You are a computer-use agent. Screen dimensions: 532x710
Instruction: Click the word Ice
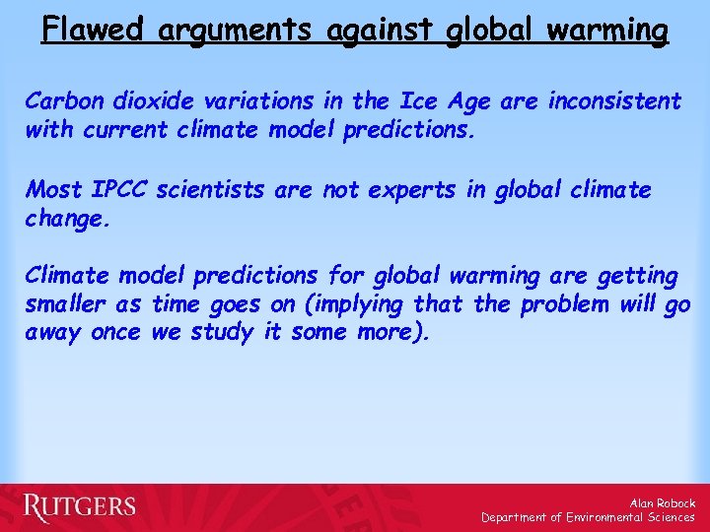pos(414,101)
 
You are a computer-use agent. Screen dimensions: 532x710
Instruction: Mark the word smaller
pos(66,304)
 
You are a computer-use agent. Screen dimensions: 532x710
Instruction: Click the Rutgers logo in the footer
pos(80,507)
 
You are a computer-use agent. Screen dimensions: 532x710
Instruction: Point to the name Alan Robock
pos(662,502)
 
